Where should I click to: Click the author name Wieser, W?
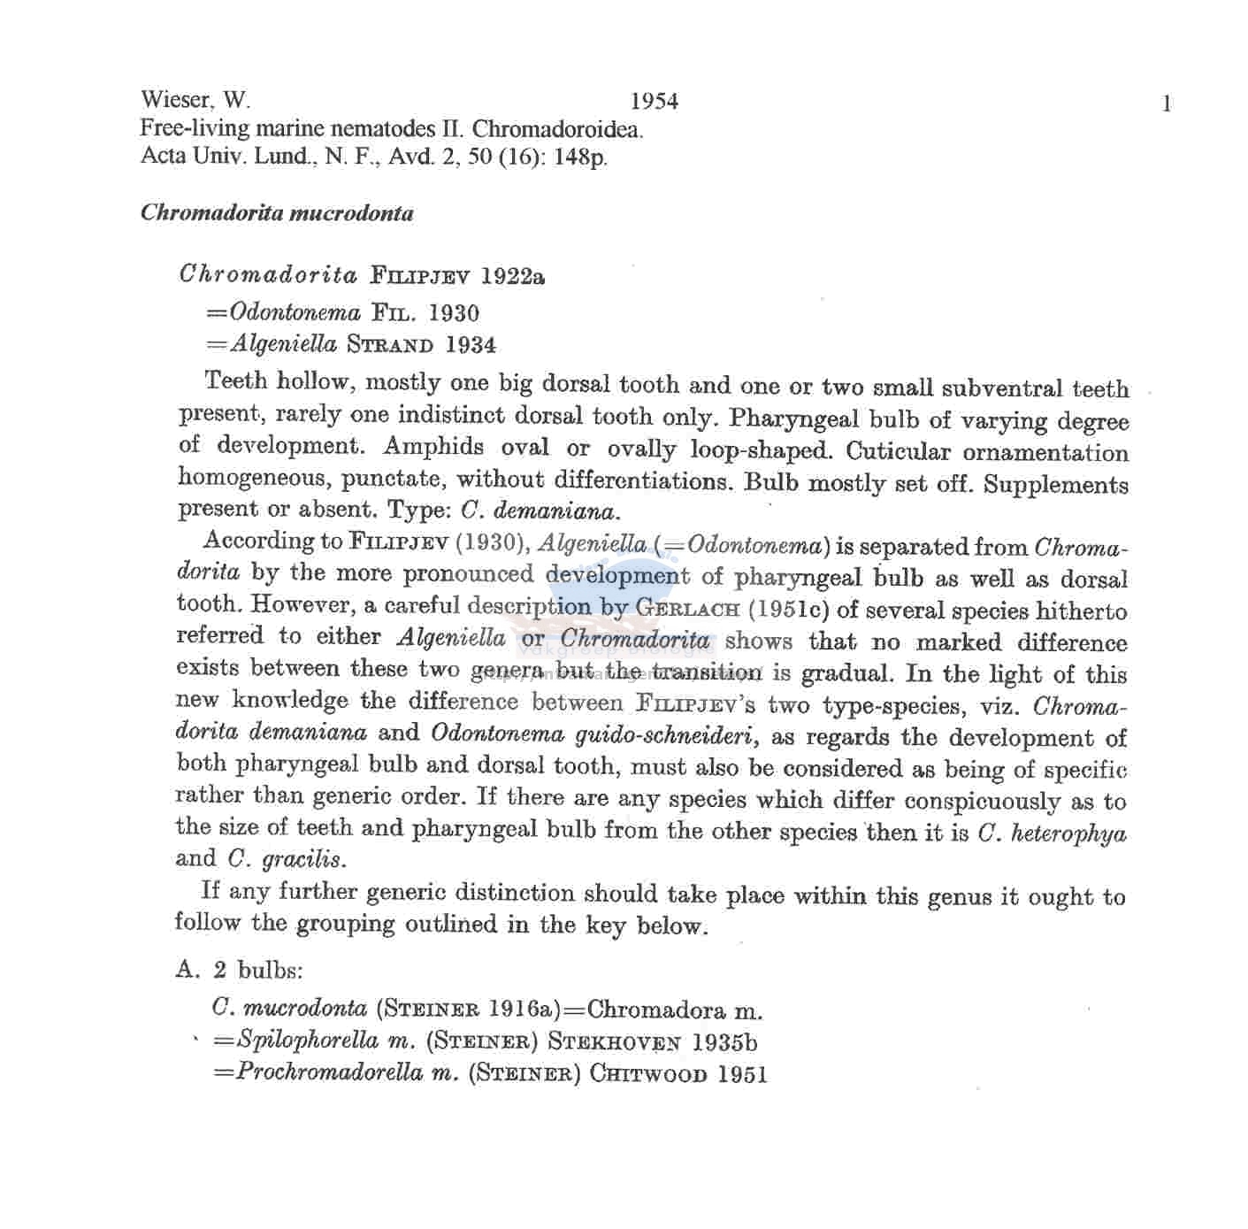click(x=195, y=100)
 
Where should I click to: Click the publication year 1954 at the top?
click(x=655, y=102)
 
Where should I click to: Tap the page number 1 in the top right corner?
click(x=1167, y=104)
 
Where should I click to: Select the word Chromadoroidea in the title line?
click(x=557, y=129)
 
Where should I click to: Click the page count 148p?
click(x=580, y=157)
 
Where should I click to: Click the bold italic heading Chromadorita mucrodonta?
click(x=277, y=213)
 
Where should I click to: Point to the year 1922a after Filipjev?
click(x=513, y=276)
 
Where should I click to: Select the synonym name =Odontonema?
click(x=283, y=312)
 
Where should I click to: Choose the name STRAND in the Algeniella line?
click(x=390, y=344)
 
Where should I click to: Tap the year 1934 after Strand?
click(x=471, y=344)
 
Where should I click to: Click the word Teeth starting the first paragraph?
click(x=235, y=381)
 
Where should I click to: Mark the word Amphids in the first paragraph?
click(x=433, y=447)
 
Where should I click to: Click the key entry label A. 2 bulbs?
click(x=239, y=970)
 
